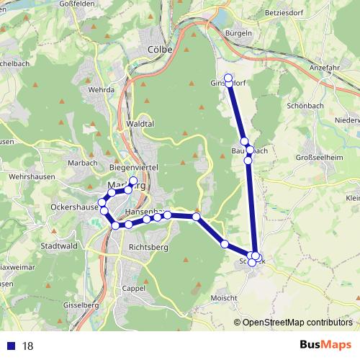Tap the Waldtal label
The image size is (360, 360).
[140, 124]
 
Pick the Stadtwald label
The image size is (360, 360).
[60, 245]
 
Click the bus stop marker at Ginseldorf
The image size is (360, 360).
[229, 78]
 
